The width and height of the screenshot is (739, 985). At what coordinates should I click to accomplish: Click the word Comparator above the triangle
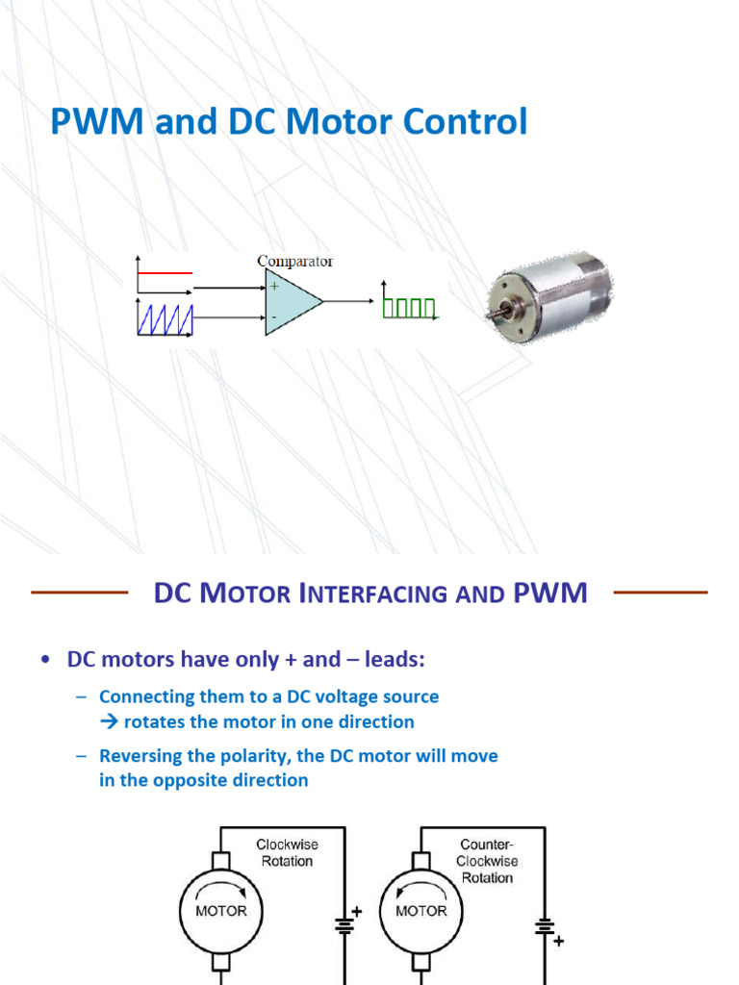[x=294, y=261]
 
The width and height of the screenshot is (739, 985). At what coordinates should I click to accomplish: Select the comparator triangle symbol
[x=292, y=302]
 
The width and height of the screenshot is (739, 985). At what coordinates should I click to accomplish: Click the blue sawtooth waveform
[x=166, y=319]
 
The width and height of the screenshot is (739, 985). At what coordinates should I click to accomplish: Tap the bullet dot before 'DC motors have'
[x=45, y=660]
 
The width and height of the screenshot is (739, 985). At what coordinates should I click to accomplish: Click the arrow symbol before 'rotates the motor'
[x=108, y=721]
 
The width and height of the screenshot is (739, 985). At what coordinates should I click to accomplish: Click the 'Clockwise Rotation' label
[x=287, y=852]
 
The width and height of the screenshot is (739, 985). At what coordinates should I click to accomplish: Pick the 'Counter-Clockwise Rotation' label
[x=487, y=861]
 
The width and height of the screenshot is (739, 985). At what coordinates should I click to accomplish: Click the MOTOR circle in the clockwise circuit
[x=221, y=910]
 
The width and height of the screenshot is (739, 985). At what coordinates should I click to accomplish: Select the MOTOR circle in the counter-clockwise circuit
[x=421, y=910]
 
